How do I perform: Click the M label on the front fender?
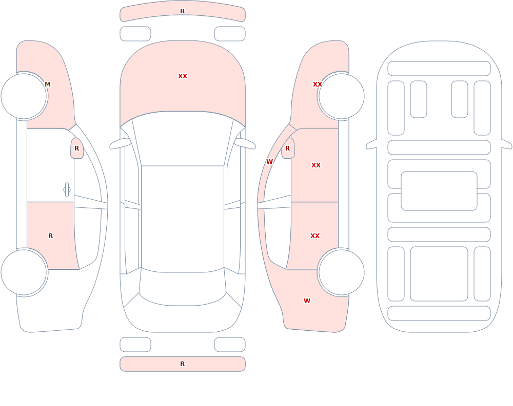47,84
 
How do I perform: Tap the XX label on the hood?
183,76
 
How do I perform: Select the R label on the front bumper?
183,11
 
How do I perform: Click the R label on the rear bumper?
183,364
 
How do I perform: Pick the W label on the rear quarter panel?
307,301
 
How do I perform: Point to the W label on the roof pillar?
269,161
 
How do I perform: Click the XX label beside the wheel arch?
318,84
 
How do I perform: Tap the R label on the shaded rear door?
50,236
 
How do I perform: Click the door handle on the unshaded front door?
67,190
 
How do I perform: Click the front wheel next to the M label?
24,96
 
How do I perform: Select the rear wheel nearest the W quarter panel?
341,272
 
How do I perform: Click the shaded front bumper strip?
183,12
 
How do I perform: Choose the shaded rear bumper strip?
183,364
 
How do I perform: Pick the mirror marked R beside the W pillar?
288,148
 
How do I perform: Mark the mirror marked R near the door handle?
77,148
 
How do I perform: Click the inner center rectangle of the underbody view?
439,191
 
